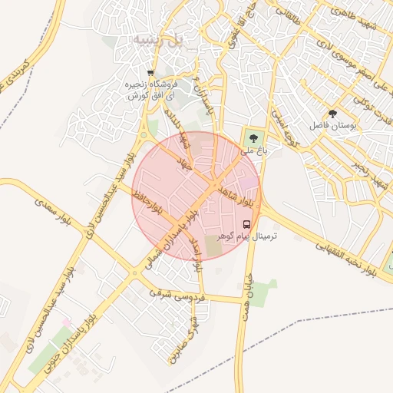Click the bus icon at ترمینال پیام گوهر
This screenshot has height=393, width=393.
click(246, 224)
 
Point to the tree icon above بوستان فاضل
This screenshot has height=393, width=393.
click(332, 112)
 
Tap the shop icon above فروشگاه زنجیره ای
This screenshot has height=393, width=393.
click(150, 74)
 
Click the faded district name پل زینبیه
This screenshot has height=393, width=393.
click(157, 38)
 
